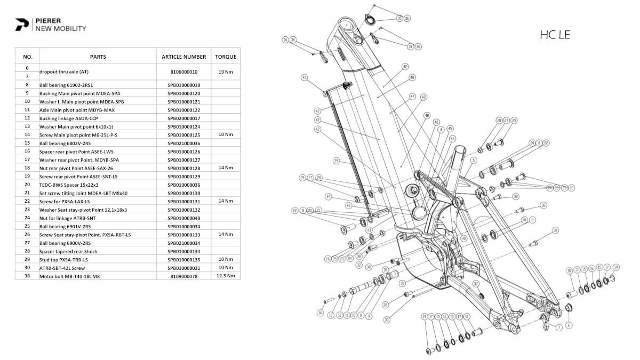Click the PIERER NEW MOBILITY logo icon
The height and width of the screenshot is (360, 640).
[x=22, y=25]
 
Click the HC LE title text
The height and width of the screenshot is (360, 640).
[x=555, y=35]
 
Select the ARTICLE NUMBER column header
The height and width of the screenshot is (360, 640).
[x=183, y=57]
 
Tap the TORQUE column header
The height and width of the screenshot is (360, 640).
[x=226, y=57]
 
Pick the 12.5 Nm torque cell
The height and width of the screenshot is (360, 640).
[x=226, y=276]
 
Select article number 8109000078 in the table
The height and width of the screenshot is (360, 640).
[x=183, y=276]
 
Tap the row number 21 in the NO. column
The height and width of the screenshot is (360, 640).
[x=28, y=193]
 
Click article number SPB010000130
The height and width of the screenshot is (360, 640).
[x=183, y=193]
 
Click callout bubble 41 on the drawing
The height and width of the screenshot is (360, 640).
[x=305, y=78]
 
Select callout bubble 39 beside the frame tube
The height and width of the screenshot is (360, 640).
[x=336, y=161]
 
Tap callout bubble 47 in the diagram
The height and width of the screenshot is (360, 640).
[x=412, y=97]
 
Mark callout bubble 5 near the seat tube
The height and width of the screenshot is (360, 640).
[x=474, y=159]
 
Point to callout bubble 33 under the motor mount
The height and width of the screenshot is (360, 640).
[x=387, y=319]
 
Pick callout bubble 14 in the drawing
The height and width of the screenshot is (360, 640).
[x=320, y=313]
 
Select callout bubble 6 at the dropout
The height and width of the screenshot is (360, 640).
[x=569, y=325]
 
